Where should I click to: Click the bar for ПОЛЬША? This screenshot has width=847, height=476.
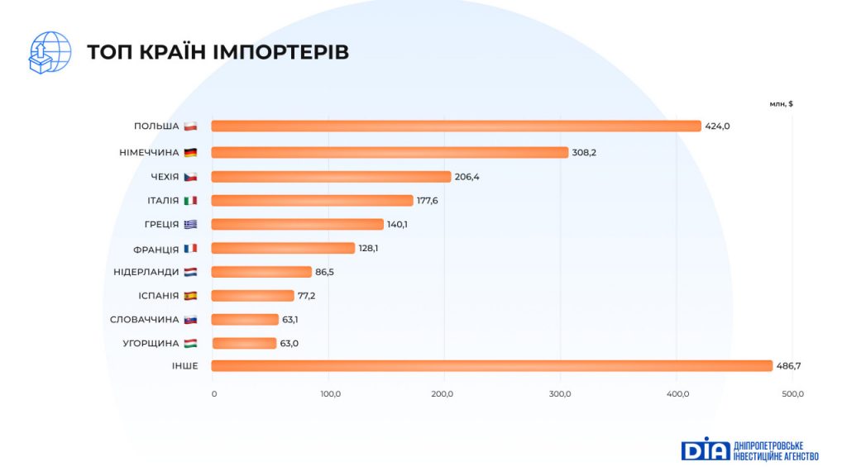tap(456, 126)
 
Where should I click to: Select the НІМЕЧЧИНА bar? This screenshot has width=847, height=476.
tap(390, 152)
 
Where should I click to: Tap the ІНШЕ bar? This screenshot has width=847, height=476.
tap(491, 366)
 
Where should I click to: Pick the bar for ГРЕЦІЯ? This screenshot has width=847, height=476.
tap(298, 224)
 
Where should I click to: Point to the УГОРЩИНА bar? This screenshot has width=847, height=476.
tap(244, 343)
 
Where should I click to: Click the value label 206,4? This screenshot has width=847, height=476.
tap(467, 177)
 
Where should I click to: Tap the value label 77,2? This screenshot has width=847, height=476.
tap(307, 295)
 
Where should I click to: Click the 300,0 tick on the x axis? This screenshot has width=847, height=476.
tap(561, 393)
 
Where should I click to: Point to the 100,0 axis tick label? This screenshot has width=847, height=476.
tap(330, 393)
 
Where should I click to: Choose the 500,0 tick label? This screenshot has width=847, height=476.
tap(793, 393)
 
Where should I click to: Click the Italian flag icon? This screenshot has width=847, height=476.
tap(190, 200)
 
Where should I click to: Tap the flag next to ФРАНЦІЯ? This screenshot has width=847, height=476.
tap(190, 248)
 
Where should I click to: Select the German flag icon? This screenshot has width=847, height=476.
tap(190, 152)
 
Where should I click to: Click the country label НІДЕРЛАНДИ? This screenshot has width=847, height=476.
tap(146, 272)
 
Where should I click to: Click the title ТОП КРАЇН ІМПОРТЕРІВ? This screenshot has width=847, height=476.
tap(218, 52)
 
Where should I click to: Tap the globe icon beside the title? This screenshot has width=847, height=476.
tap(49, 51)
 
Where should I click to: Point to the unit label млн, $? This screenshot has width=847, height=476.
tap(781, 104)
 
